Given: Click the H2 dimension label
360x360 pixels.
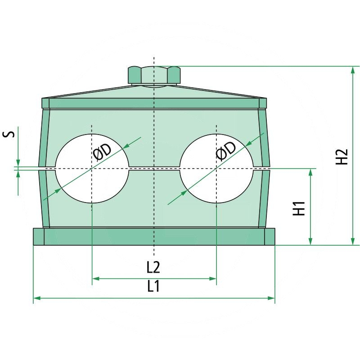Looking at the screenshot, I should click(344, 156).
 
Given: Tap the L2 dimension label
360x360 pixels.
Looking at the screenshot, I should click(153, 267).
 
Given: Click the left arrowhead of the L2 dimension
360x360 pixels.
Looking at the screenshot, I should click(95, 279).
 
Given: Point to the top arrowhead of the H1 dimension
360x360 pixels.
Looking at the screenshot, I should click(310, 172).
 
